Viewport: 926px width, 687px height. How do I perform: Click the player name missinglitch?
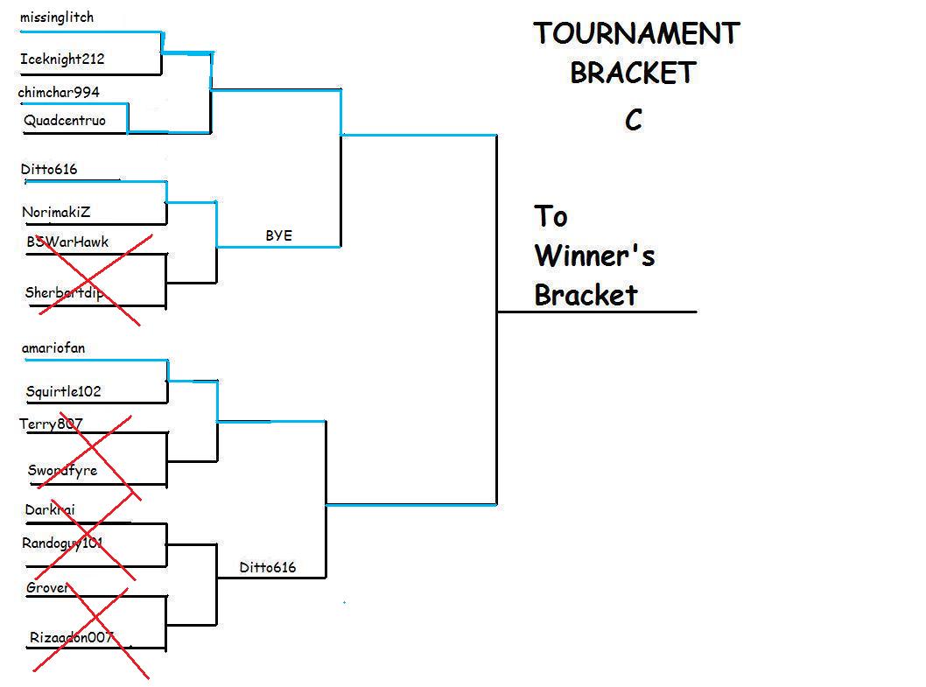[x=56, y=18]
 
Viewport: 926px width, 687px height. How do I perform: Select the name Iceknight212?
[x=62, y=60]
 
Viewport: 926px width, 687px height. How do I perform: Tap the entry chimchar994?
[x=59, y=93]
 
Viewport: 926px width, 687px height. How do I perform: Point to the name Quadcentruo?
[x=65, y=121]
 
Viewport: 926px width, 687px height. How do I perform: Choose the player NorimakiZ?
[x=56, y=212]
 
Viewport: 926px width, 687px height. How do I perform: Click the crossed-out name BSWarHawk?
[x=67, y=242]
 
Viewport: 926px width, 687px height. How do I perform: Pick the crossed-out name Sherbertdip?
[x=64, y=293]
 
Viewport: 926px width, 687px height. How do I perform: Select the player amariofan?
[x=53, y=348]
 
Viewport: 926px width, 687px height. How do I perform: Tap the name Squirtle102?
[x=63, y=391]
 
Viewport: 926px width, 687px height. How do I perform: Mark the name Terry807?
[x=52, y=424]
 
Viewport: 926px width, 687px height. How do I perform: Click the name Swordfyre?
[x=62, y=471]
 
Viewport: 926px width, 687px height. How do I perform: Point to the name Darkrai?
[x=50, y=509]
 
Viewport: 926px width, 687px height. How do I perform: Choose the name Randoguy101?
[x=62, y=543]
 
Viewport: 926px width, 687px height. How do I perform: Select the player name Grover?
[x=47, y=588]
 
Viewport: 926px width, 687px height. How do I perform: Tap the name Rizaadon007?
[x=71, y=637]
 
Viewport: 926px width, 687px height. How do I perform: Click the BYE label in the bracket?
[x=278, y=235]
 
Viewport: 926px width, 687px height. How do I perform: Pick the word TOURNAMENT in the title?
[x=636, y=34]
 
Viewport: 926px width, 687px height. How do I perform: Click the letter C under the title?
[x=634, y=120]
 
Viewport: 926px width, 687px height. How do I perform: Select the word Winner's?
[x=594, y=256]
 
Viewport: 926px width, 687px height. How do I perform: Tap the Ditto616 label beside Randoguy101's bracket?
[x=268, y=567]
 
